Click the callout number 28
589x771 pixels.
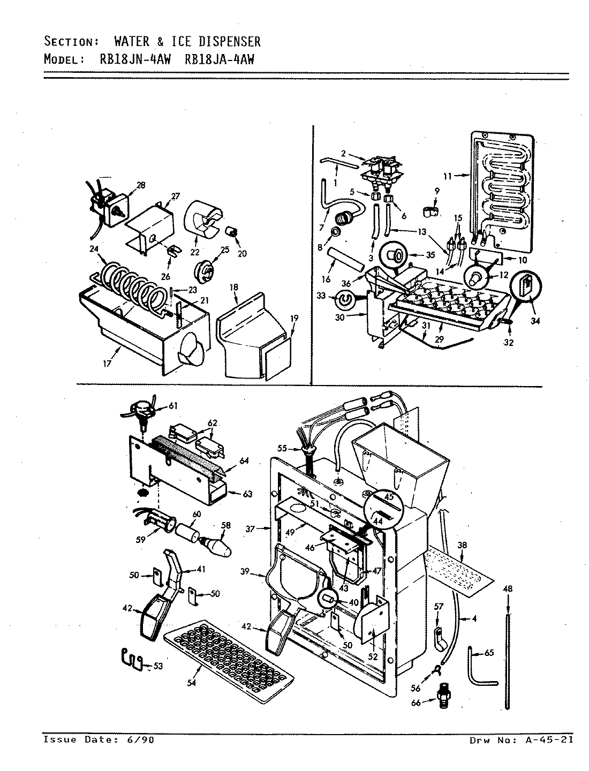coord(141,185)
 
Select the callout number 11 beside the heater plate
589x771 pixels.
coord(448,175)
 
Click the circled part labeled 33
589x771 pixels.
coord(343,301)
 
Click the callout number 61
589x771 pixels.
coord(172,406)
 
